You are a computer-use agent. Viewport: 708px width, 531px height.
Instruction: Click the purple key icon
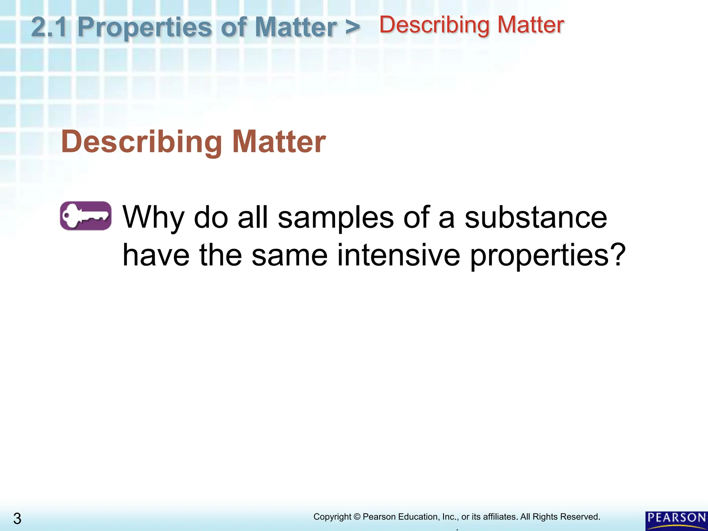(x=86, y=216)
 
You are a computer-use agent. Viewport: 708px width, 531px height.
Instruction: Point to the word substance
(x=535, y=218)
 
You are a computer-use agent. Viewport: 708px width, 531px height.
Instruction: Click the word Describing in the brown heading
(x=142, y=142)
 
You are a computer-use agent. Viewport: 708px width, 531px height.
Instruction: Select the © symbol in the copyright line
(x=357, y=517)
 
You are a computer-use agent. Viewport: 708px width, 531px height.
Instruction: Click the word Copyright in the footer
(x=332, y=517)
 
